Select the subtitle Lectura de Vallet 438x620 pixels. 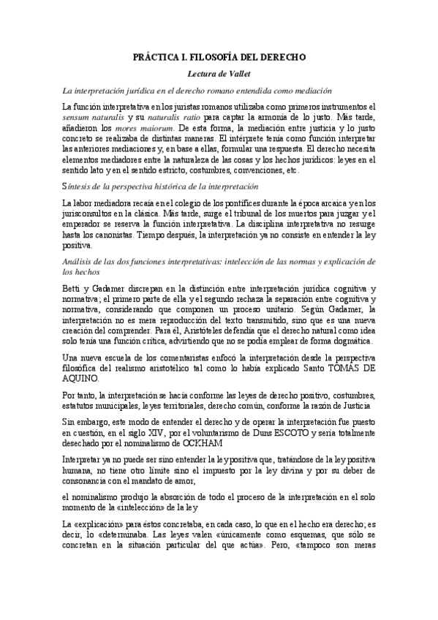[x=219, y=74]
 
